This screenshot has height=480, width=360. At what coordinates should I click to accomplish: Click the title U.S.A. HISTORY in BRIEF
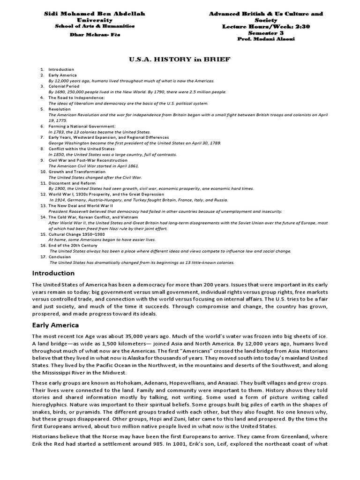[x=180, y=59]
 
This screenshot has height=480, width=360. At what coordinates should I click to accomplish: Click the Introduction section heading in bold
[x=53, y=273]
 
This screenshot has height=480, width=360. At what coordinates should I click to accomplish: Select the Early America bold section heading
[x=55, y=325]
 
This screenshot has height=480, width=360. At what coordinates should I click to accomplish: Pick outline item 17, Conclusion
[x=60, y=256]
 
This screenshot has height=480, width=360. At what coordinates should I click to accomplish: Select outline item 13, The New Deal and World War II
[x=81, y=205]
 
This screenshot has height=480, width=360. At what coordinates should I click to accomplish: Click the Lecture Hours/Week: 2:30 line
[x=266, y=26]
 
